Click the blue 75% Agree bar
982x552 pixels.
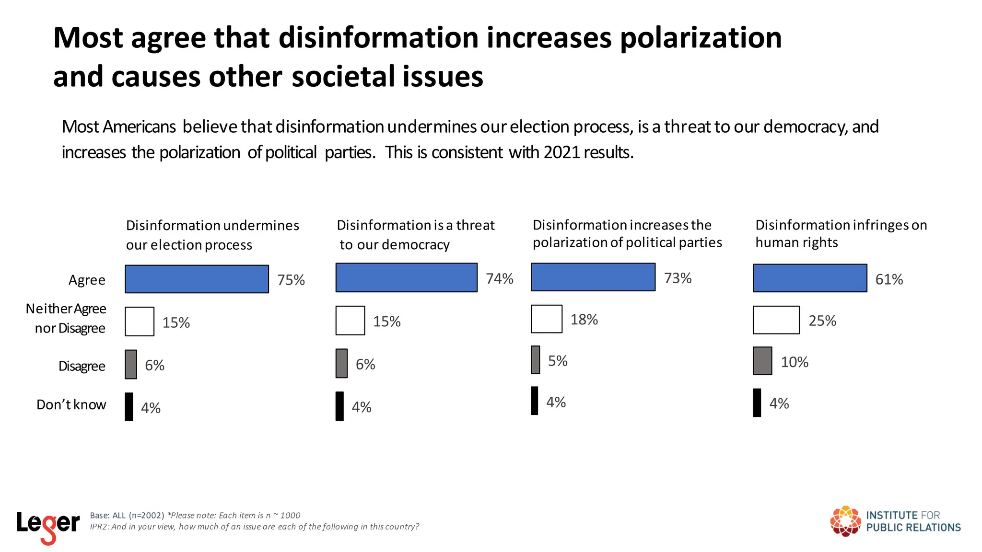click(x=197, y=279)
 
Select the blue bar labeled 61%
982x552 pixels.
click(x=810, y=278)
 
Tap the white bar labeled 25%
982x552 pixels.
click(x=776, y=320)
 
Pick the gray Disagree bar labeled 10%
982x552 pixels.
click(x=762, y=361)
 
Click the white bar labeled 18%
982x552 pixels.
click(x=546, y=319)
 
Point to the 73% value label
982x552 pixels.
click(x=678, y=278)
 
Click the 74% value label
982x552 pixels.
click(x=499, y=278)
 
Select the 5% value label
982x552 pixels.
click(x=558, y=361)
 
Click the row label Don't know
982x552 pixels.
click(x=71, y=404)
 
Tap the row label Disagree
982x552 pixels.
click(x=82, y=366)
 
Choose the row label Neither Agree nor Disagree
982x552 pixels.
click(x=66, y=318)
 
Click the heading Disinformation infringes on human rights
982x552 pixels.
click(x=841, y=233)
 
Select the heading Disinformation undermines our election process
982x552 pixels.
click(x=212, y=235)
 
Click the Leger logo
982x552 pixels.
click(x=48, y=526)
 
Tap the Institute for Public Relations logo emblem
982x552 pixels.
click(x=845, y=521)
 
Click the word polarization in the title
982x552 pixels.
click(x=701, y=38)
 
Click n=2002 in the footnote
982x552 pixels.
click(x=146, y=516)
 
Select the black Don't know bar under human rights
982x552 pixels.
click(x=757, y=402)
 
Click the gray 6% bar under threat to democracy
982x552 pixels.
click(x=341, y=363)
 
